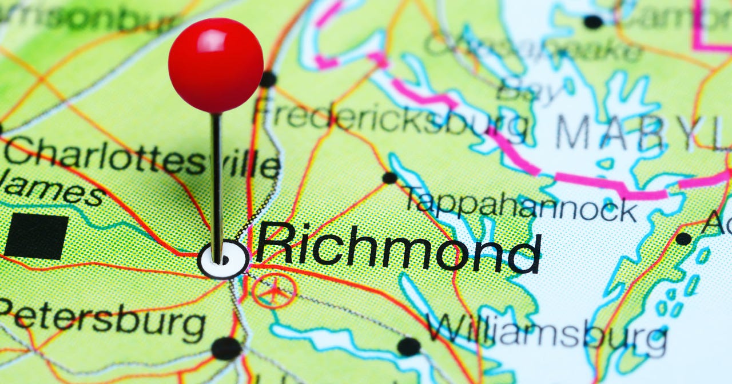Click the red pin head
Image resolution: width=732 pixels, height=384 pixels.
[216, 65]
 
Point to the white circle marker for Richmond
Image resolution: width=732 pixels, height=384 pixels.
[224, 260]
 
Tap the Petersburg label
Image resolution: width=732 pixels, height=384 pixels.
[103, 322]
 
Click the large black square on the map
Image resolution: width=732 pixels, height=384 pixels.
[36, 237]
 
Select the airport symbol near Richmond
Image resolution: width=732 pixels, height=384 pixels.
[274, 291]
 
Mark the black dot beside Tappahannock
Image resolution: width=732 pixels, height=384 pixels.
[389, 178]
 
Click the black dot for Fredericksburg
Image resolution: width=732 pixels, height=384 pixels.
[268, 79]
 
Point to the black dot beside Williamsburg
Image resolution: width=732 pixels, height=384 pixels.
[408, 346]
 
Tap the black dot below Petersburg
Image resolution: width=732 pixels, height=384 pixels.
[226, 348]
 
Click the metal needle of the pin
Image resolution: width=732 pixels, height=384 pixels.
[216, 183]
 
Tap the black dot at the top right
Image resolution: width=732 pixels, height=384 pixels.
[593, 22]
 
